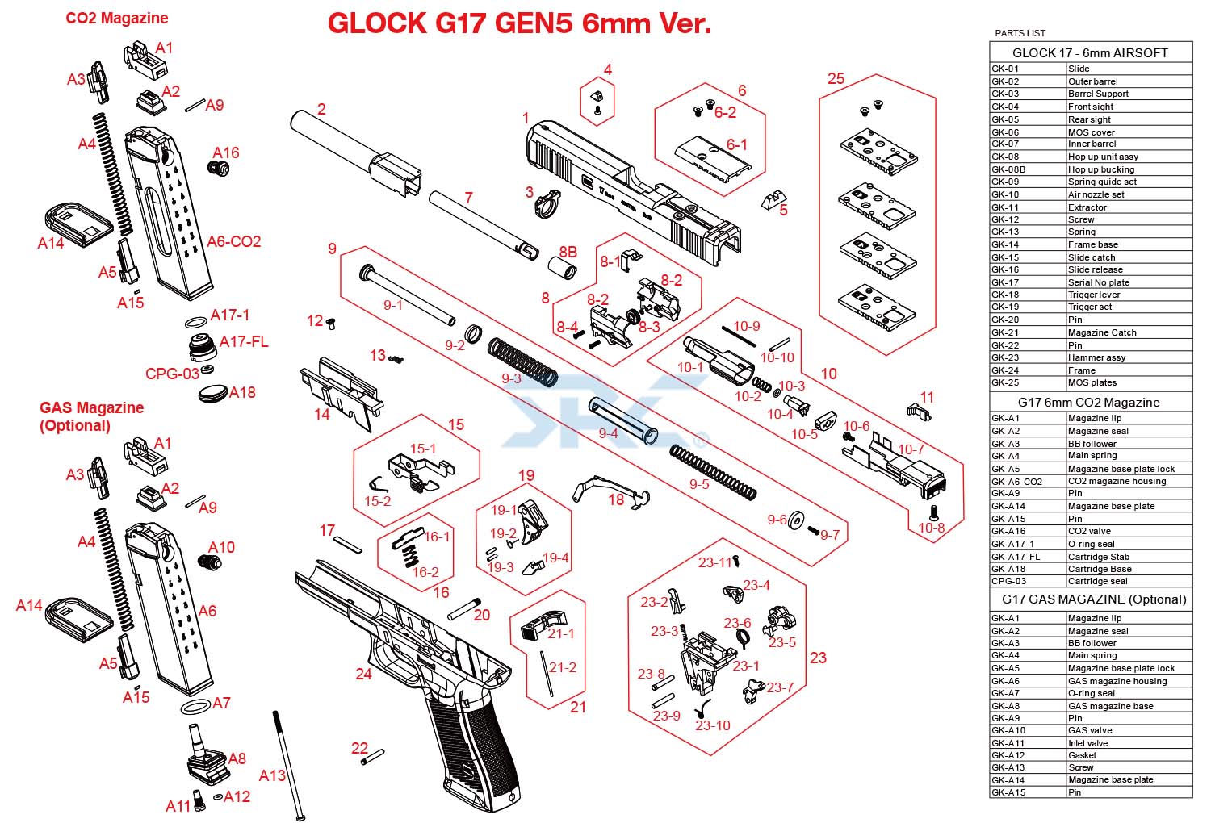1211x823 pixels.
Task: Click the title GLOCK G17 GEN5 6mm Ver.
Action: [519, 23]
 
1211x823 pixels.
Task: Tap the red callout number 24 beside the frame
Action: [363, 673]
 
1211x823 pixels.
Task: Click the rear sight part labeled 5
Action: [773, 198]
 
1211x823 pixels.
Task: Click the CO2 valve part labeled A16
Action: [219, 169]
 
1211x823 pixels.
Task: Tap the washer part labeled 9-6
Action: [797, 522]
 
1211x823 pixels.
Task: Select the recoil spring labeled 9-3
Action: [522, 361]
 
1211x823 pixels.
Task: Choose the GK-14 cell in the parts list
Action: [1028, 244]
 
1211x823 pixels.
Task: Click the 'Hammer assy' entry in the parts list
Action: [1096, 357]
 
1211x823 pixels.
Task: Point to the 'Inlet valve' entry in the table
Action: [1087, 743]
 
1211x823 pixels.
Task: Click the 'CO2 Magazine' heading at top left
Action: [117, 18]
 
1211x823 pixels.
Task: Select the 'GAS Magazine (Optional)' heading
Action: [91, 416]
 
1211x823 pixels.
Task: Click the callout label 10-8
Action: [931, 528]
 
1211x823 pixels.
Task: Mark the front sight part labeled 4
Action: [597, 101]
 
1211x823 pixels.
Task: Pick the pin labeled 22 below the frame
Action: [373, 757]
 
